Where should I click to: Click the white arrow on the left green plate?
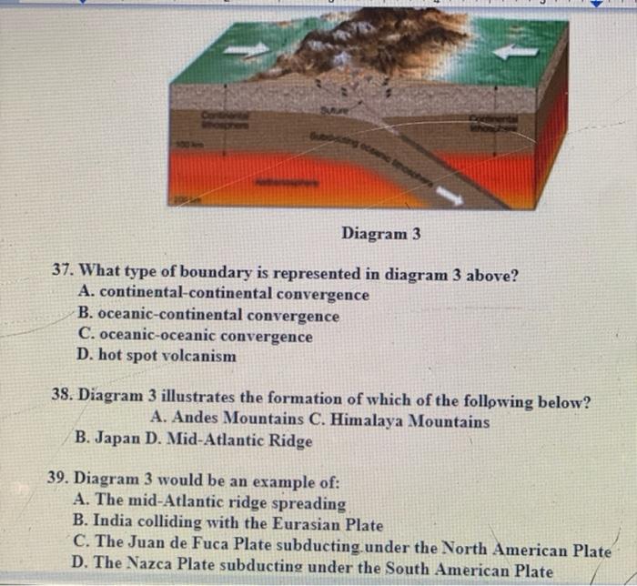click(x=248, y=48)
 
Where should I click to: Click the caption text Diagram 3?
click(x=380, y=234)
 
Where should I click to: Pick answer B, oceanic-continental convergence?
click(x=209, y=316)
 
